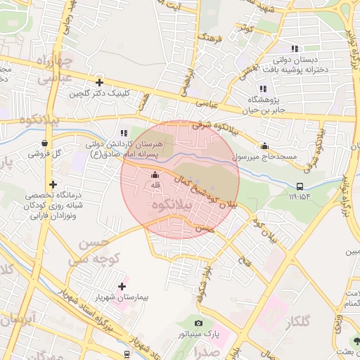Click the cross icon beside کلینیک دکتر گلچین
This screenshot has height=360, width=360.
point(99,82)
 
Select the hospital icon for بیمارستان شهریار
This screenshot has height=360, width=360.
point(123,286)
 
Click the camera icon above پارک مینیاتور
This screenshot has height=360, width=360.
point(198,323)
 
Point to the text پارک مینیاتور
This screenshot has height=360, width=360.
point(198,335)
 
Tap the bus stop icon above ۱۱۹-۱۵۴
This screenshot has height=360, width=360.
point(300,186)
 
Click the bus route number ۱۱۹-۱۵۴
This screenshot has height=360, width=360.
point(299,197)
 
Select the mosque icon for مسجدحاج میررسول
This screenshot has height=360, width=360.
point(264,146)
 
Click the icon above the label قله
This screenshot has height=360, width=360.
point(155,175)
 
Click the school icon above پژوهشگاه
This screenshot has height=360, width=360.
point(263,89)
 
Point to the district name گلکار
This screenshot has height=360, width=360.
point(299,321)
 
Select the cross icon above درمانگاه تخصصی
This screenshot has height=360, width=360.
point(53,184)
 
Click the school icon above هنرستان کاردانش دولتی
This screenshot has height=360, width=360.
point(124,132)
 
